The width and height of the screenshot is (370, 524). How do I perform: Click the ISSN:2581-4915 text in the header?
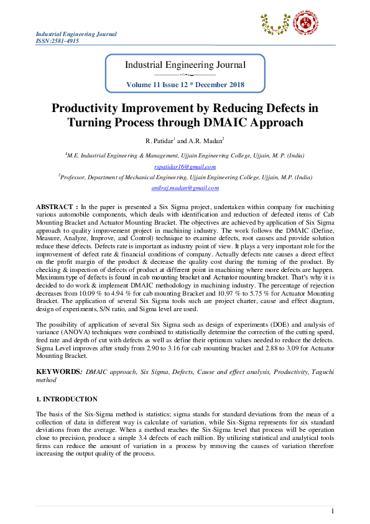pos(57,40)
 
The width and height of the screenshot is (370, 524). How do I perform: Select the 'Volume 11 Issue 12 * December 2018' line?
pos(185,84)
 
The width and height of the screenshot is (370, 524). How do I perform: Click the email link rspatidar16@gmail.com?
pos(185,166)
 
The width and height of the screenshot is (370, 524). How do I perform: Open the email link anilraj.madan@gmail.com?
pos(185,187)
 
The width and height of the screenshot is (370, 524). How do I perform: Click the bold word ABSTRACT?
pos(55,206)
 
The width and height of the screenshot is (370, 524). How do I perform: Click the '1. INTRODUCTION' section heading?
pos(67,398)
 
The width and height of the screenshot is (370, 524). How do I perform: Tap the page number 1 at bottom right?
pos(333,511)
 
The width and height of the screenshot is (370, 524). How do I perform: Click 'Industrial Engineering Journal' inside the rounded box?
pos(185,65)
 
